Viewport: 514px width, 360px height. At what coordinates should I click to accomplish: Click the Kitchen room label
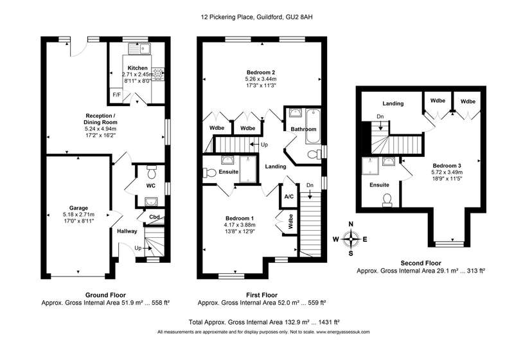[x=137, y=68]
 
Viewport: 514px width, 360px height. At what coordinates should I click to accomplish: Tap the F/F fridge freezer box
[x=116, y=95]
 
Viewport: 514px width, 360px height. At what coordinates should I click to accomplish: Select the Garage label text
[x=78, y=208]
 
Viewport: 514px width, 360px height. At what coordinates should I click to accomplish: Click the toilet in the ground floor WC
[x=152, y=171]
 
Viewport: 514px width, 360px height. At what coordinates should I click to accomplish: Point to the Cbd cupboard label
[x=154, y=217]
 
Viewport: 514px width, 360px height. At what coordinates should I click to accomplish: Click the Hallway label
[x=127, y=231]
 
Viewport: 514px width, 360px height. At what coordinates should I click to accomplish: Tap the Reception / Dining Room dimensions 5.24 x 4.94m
[x=101, y=129]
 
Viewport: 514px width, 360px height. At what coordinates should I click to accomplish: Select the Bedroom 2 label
[x=261, y=72]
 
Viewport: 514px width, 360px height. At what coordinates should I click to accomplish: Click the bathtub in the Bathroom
[x=313, y=126]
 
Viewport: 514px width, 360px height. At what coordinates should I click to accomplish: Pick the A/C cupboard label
[x=288, y=197]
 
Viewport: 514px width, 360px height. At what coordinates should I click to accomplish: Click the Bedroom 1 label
[x=240, y=219]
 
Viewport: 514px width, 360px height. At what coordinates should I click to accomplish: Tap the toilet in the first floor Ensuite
[x=209, y=172]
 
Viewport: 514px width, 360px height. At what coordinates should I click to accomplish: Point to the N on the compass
[x=351, y=224]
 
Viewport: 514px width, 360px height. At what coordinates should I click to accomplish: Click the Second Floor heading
[x=421, y=263]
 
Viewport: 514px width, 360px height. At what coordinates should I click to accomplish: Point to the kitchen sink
[x=139, y=49]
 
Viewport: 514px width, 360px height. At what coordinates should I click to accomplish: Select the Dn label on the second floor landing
[x=380, y=116]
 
